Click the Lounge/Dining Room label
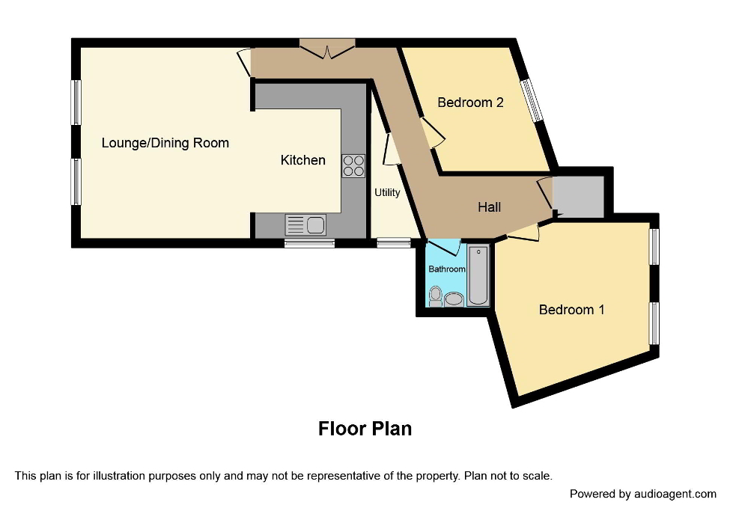(165, 143)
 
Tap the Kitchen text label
(302, 160)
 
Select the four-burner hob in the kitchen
(353, 166)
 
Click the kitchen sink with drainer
(305, 224)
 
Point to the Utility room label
(387, 192)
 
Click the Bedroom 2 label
(470, 102)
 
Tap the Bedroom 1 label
(571, 309)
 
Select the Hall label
(490, 207)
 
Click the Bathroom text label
(446, 269)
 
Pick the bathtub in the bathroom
(478, 275)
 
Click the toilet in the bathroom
(435, 297)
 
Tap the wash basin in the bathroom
(454, 299)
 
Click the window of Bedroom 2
(532, 100)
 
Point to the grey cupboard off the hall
(578, 197)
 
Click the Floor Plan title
(365, 429)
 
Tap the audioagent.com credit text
(642, 494)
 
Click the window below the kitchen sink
(309, 242)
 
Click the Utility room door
(389, 149)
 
